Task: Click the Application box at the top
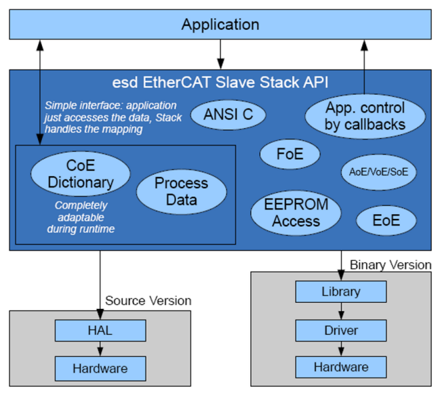click(x=220, y=25)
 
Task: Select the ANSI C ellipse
click(x=228, y=115)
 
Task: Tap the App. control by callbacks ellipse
click(x=365, y=116)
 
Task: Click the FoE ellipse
click(x=289, y=154)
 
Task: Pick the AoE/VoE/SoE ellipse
click(x=378, y=172)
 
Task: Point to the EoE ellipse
click(x=386, y=220)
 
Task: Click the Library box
click(x=341, y=292)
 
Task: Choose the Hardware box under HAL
click(x=100, y=369)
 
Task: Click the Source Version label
click(x=148, y=300)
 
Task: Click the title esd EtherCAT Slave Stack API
click(x=220, y=83)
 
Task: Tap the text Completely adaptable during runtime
click(x=80, y=216)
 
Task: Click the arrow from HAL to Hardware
click(x=100, y=349)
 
